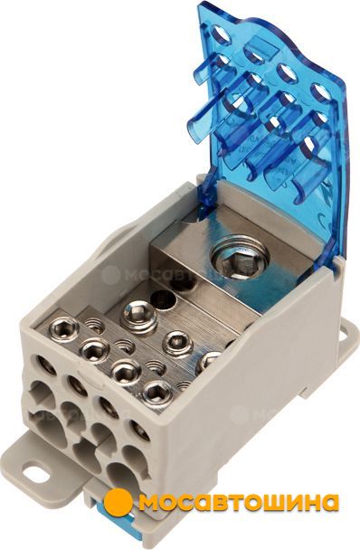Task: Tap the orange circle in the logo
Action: coord(118,503)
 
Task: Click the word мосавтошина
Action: coord(240,503)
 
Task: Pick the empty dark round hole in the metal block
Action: coord(163,299)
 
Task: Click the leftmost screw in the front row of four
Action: coord(64,328)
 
